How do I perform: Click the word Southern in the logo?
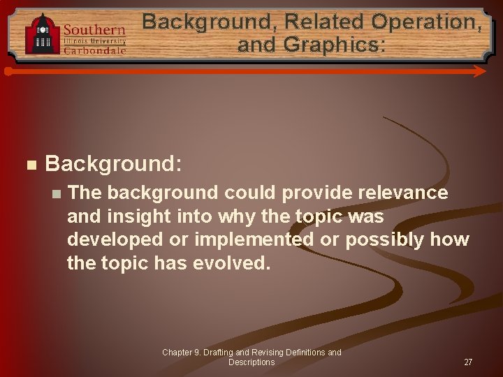94,30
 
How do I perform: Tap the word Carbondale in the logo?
95,50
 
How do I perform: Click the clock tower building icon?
43,35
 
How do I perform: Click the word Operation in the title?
426,22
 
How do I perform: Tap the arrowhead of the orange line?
480,71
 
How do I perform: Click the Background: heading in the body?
113,164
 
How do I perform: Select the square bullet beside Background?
29,165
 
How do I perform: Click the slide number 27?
468,362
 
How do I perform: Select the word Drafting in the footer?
218,353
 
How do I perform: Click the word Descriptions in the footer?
251,362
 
